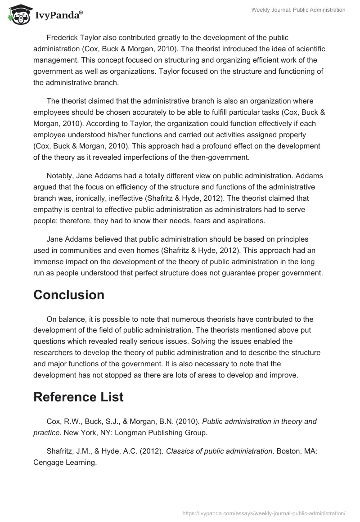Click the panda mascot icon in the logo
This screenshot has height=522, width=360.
tap(18, 16)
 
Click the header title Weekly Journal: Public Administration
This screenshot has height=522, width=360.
tap(298, 10)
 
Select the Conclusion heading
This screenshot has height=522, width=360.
tap(69, 295)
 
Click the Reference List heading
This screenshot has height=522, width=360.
tap(78, 397)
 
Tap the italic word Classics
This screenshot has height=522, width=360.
tap(181, 451)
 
